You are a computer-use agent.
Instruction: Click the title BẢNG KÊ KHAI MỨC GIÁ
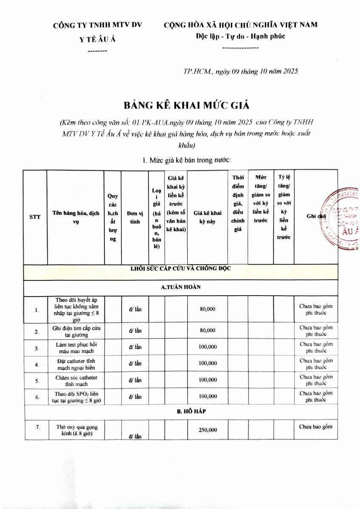point(180,104)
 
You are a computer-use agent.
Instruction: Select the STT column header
point(35,217)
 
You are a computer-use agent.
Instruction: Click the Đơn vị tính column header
point(135,217)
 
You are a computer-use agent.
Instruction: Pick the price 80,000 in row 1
point(208,309)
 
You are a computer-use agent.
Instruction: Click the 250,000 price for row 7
point(208,430)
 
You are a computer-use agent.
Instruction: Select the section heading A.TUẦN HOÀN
point(181,287)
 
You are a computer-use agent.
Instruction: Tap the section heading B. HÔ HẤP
point(181,411)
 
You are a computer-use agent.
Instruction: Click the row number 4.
point(37,364)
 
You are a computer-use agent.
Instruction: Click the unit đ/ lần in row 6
point(135,397)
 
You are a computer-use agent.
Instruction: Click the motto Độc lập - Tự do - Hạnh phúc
point(240,36)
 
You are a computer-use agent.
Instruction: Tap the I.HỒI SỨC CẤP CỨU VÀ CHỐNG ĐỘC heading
point(181,268)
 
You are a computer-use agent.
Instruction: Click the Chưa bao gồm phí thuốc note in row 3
point(316,347)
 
